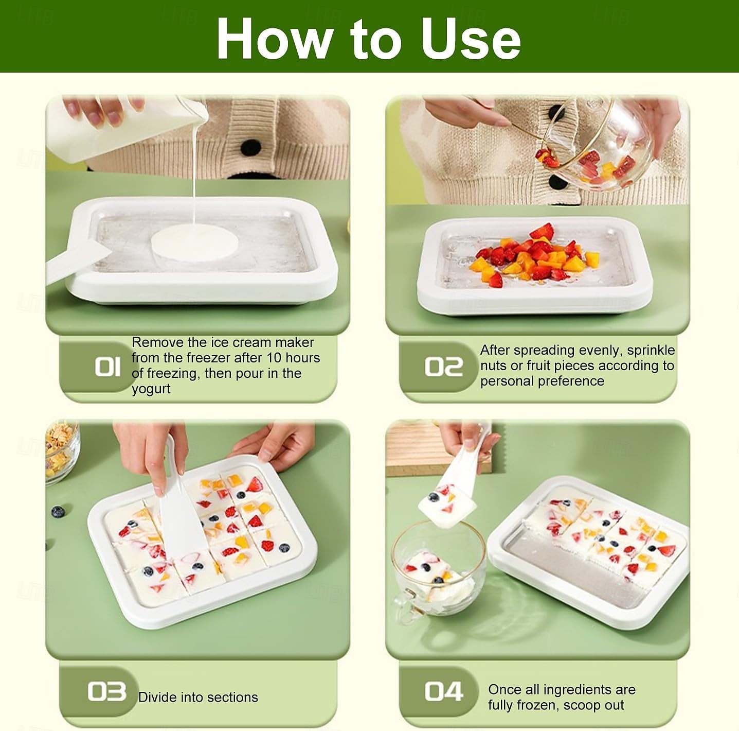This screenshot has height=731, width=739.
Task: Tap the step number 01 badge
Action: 107,367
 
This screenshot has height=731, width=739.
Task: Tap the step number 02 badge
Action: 443,367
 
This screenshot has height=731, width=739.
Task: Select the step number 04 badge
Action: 443,691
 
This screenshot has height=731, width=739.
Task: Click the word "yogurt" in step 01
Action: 151,389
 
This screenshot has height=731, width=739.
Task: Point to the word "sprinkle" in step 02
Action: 651,350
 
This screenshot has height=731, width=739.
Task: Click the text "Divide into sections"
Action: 198,697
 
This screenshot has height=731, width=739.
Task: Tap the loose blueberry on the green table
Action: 58,512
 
